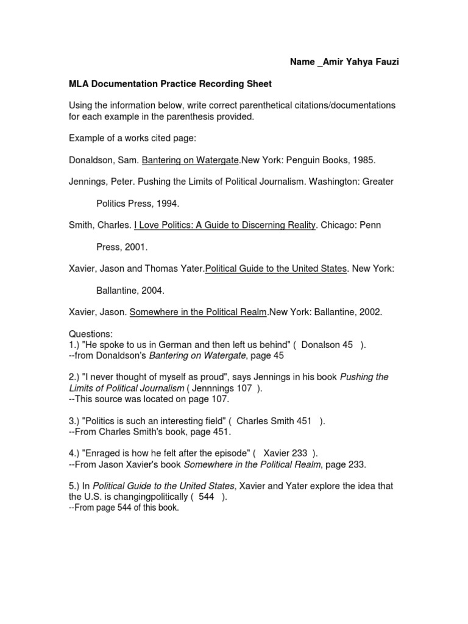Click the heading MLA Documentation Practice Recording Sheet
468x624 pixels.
[169, 83]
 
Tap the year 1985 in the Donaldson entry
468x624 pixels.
[364, 160]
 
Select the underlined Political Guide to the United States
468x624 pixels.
[275, 269]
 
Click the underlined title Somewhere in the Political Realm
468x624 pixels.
[198, 312]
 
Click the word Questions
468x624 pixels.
[91, 334]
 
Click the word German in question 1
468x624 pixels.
[181, 345]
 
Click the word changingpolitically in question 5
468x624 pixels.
[149, 497]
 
